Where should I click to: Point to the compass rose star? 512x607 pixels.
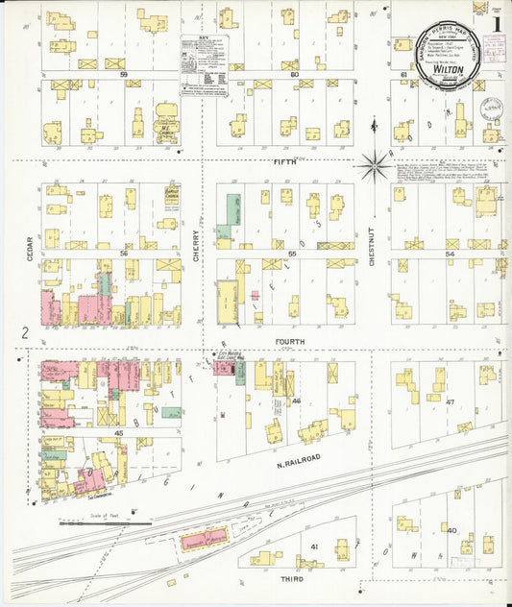(x=374, y=165)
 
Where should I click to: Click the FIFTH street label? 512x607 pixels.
(x=285, y=160)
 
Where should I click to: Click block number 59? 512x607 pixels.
(x=123, y=74)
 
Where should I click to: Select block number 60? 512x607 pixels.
(x=294, y=74)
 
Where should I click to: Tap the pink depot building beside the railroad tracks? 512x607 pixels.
(x=206, y=537)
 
